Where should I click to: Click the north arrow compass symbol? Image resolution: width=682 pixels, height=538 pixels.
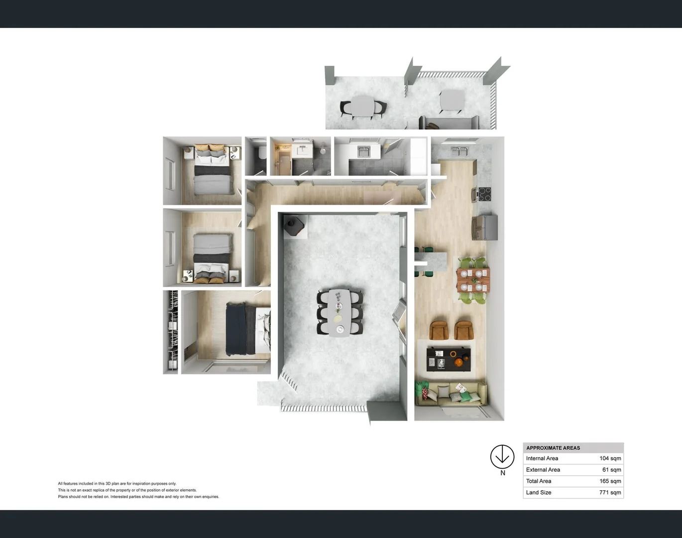[x=502, y=457]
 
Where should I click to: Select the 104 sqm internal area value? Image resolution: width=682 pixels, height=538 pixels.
[x=610, y=458]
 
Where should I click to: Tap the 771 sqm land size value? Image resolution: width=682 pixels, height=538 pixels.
[x=610, y=492]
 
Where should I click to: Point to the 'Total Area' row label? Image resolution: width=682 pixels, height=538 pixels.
[x=539, y=481]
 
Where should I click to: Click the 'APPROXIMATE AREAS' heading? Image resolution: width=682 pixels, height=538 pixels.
[x=553, y=448]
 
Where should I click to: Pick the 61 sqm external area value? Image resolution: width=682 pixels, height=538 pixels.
[x=611, y=470]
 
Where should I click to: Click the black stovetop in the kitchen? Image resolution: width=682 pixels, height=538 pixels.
[x=484, y=194]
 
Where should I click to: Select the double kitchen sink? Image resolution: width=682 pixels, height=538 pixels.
[x=459, y=151]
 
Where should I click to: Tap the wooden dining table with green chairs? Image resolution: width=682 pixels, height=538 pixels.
[x=473, y=280]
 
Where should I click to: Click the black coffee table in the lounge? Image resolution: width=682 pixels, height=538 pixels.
[x=449, y=359]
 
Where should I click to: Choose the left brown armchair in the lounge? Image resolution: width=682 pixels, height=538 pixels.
[x=439, y=330]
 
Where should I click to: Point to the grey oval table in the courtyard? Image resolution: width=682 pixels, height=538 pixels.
[x=340, y=313]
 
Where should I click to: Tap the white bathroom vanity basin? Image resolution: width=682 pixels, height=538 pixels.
[x=302, y=150]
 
